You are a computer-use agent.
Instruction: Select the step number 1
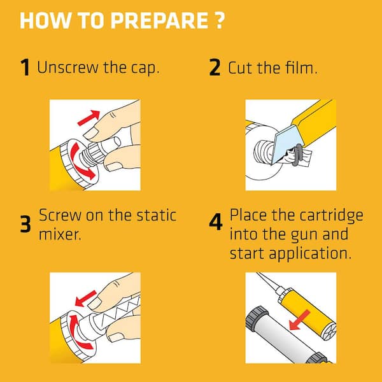click(25, 67)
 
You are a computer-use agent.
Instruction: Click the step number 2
click(215, 67)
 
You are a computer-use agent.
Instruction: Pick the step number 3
click(25, 225)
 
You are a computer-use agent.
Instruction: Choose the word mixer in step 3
click(61, 234)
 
